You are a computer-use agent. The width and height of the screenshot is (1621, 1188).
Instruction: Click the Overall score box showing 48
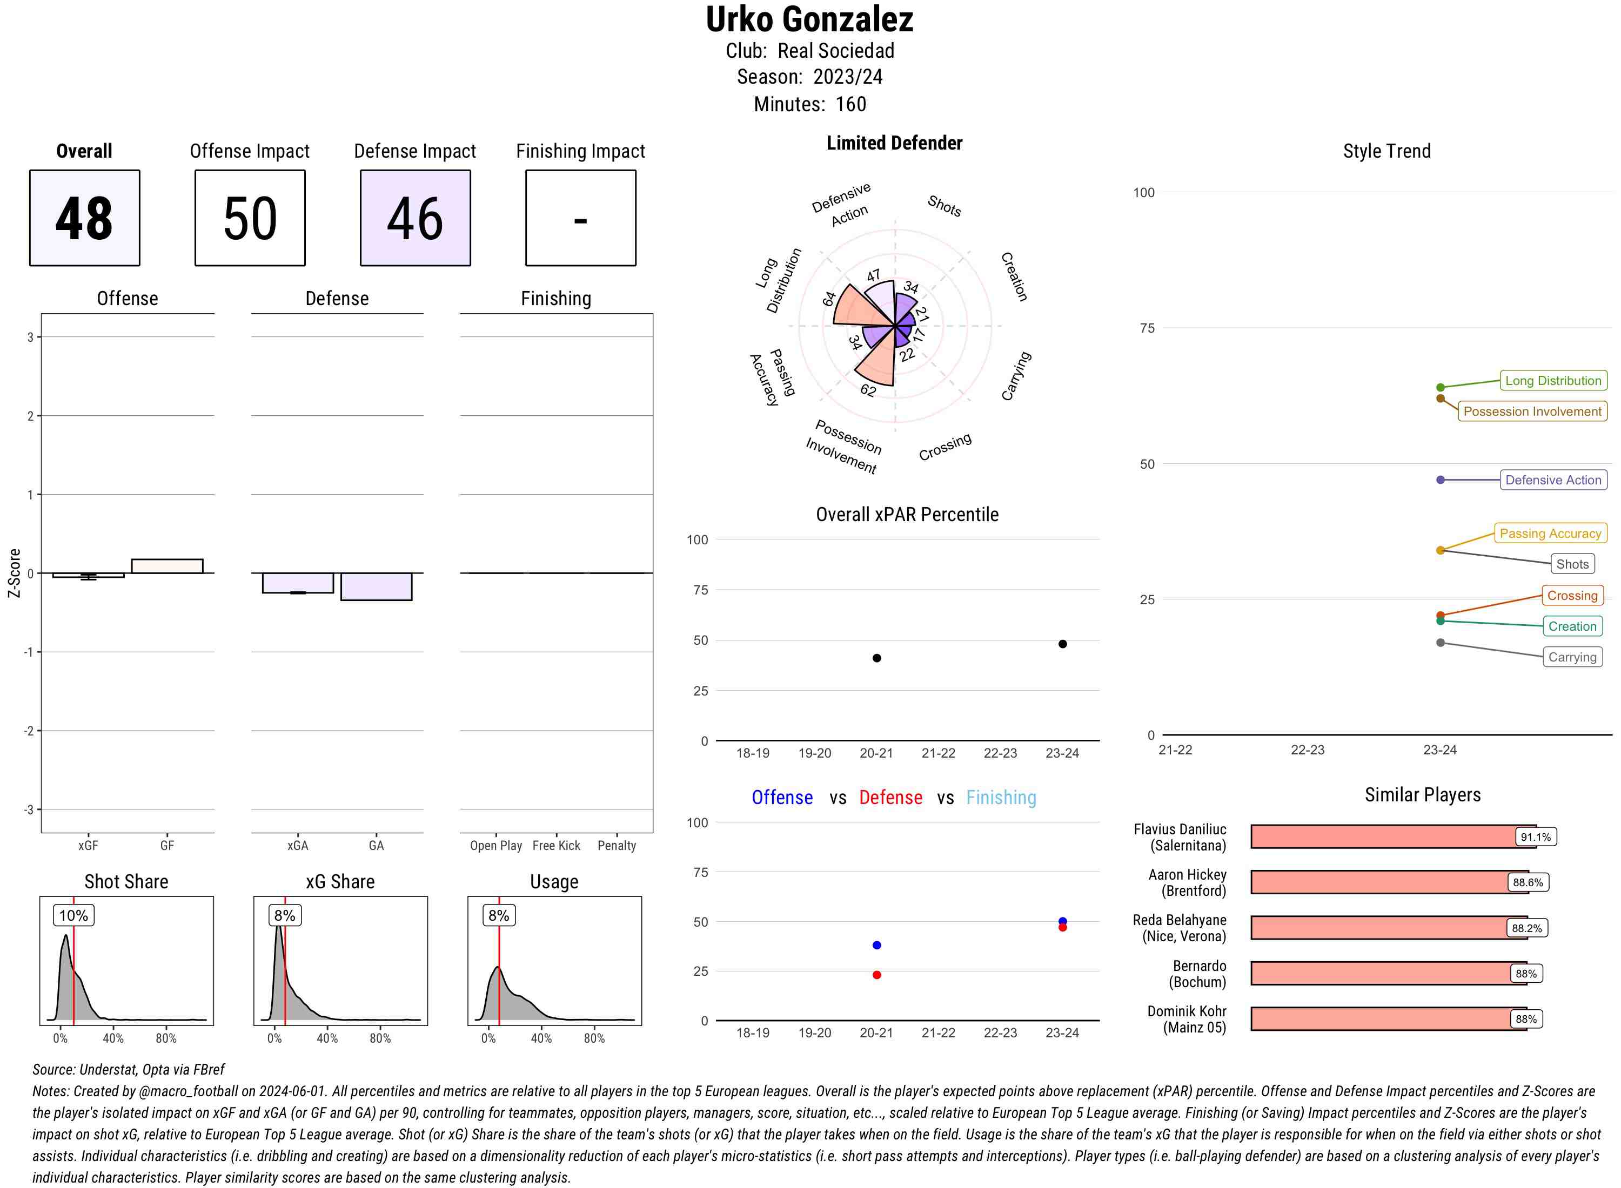pos(84,218)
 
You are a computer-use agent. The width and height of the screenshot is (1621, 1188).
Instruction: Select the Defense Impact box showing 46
pos(415,218)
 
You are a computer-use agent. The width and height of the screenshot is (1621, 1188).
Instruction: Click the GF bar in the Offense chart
pos(167,566)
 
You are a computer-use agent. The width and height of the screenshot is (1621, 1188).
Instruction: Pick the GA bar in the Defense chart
pos(376,586)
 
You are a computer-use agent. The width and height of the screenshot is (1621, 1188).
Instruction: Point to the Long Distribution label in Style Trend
pos(1553,380)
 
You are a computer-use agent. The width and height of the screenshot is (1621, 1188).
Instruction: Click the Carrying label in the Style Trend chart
pos(1572,657)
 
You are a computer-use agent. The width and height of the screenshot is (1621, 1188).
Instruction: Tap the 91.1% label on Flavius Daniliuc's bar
pos(1536,837)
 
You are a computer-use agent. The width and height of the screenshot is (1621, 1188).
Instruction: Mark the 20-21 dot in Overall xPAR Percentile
pos(876,658)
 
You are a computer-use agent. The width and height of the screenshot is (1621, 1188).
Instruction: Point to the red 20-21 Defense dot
pos(876,975)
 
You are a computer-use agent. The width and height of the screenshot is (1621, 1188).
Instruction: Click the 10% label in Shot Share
pos(73,915)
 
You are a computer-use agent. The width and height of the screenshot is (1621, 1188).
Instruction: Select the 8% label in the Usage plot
pos(499,915)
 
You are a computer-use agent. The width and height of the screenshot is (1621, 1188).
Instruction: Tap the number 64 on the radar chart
pos(829,299)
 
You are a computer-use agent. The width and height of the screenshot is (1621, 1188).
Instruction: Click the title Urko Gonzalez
pos(809,19)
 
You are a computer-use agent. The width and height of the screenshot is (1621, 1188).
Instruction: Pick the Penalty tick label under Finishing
pos(617,846)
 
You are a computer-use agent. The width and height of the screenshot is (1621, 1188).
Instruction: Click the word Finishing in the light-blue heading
pos(1001,798)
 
